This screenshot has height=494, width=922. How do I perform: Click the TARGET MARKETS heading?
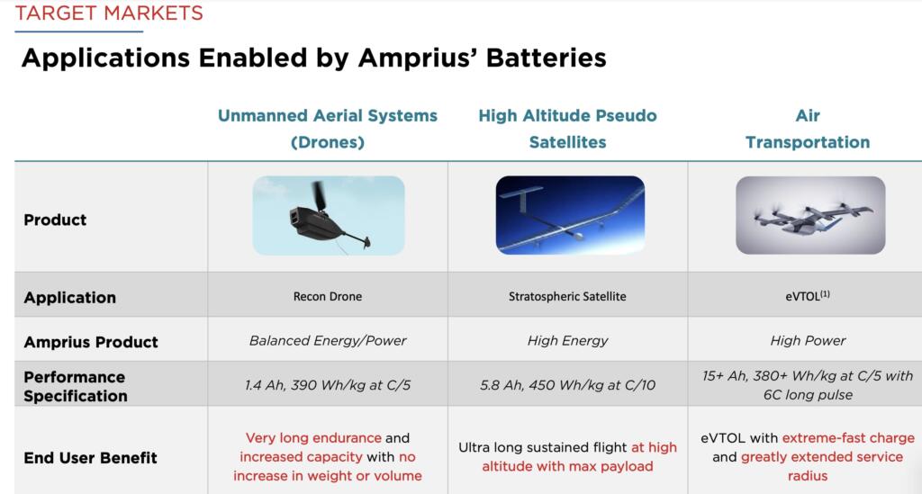[109, 13]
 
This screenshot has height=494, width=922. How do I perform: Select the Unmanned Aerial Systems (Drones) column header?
[327, 129]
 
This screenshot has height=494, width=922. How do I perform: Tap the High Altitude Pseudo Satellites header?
[567, 129]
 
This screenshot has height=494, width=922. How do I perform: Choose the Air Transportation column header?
[807, 129]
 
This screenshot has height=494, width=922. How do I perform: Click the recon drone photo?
[328, 215]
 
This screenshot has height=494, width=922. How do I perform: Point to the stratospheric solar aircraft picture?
[569, 215]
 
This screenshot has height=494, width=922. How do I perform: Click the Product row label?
[55, 220]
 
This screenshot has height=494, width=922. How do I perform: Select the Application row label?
[69, 298]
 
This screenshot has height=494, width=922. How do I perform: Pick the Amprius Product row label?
[90, 342]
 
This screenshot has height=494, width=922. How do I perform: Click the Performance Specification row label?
[75, 386]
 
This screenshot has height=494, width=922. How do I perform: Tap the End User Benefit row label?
[90, 457]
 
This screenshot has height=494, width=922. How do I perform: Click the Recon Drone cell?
[328, 297]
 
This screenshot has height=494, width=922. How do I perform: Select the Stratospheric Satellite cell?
[567, 297]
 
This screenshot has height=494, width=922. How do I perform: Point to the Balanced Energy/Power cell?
[328, 341]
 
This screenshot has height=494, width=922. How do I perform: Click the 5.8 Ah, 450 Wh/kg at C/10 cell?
[567, 385]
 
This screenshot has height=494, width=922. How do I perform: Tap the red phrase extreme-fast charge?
[848, 438]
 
